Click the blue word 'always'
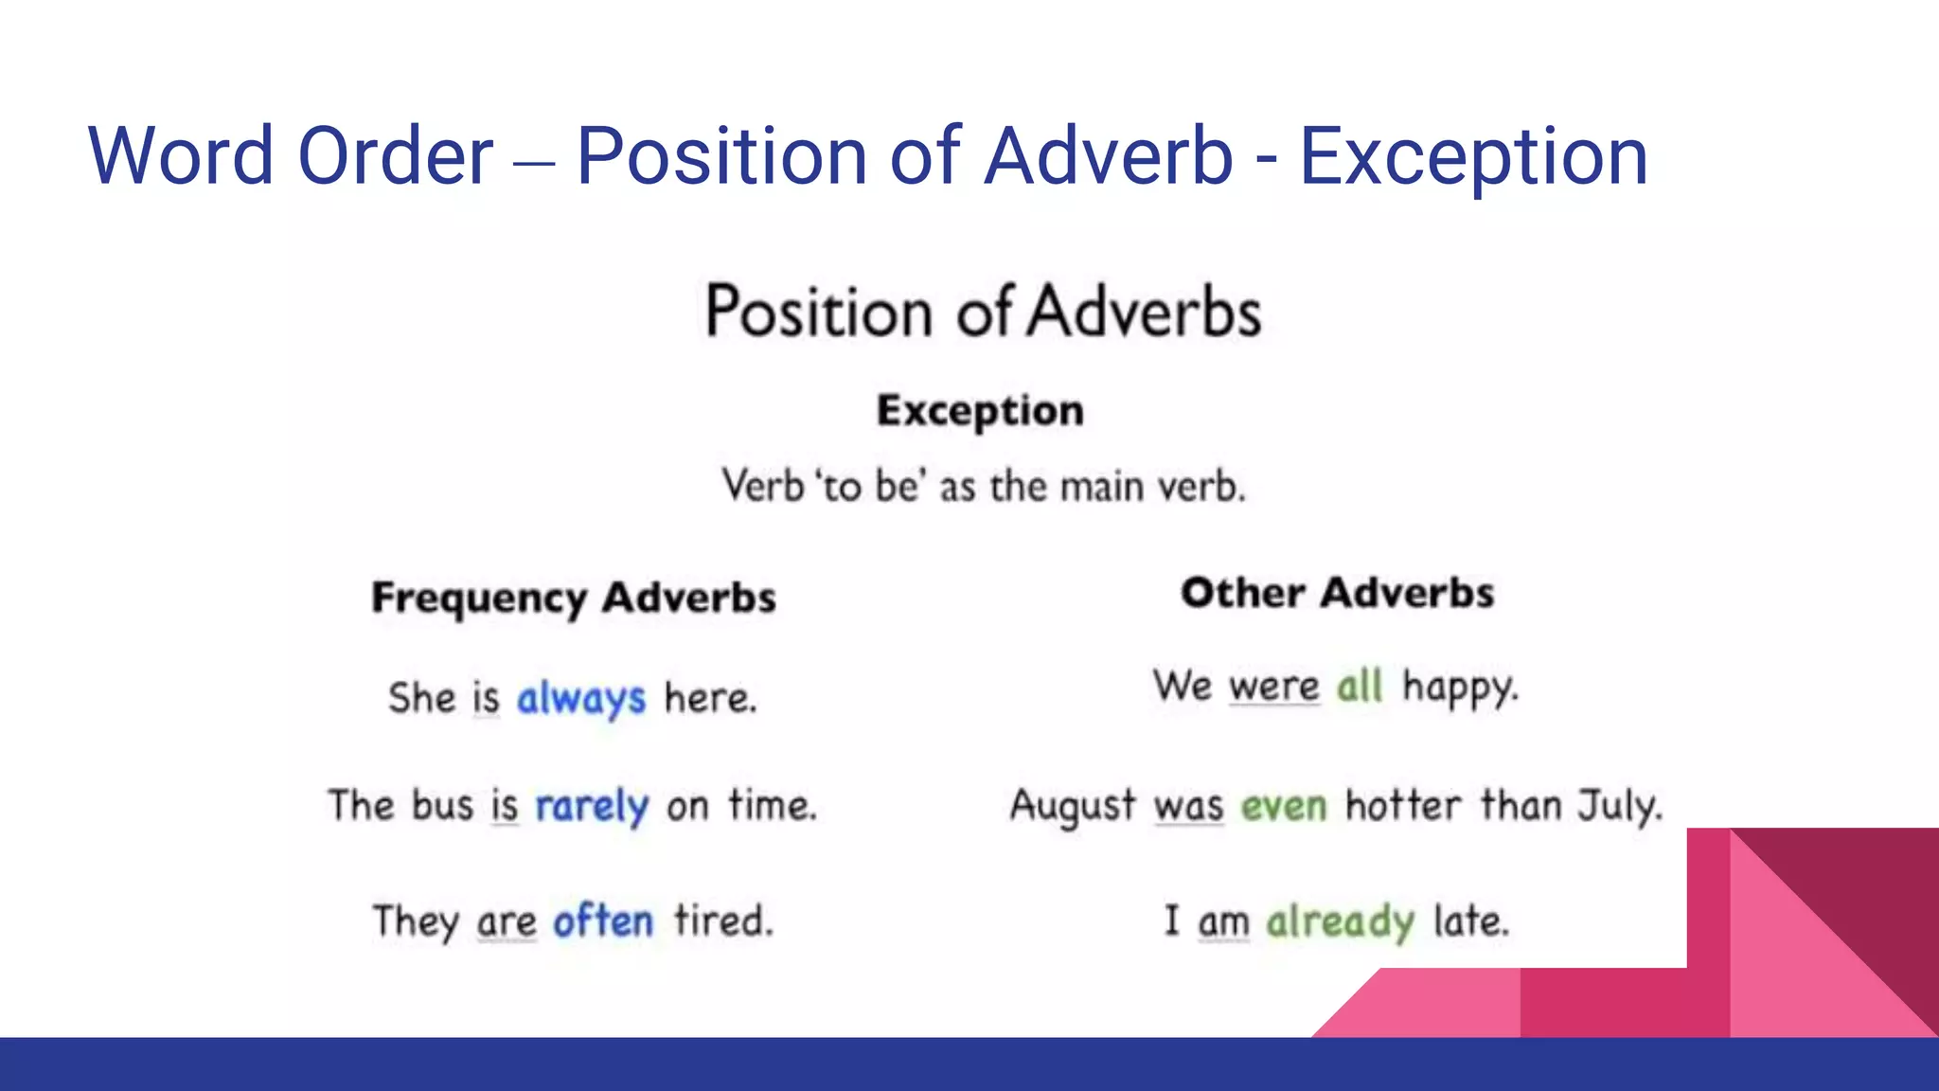[x=581, y=699]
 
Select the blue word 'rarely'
[x=592, y=807]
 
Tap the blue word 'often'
[x=603, y=921]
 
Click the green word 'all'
[x=1360, y=686]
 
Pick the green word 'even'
[x=1284, y=807]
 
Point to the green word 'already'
[x=1341, y=921]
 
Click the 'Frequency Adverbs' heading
[x=574, y=599]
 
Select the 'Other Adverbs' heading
[x=1337, y=594]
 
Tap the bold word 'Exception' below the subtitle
[x=980, y=411]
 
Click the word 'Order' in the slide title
[x=395, y=156]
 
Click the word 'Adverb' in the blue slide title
[x=1108, y=156]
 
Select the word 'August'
[x=1072, y=807]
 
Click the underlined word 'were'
[x=1274, y=686]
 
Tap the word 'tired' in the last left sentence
[x=723, y=921]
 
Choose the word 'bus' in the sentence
[x=442, y=807]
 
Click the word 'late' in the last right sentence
[x=1470, y=921]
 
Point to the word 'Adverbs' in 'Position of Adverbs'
[x=1145, y=313]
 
